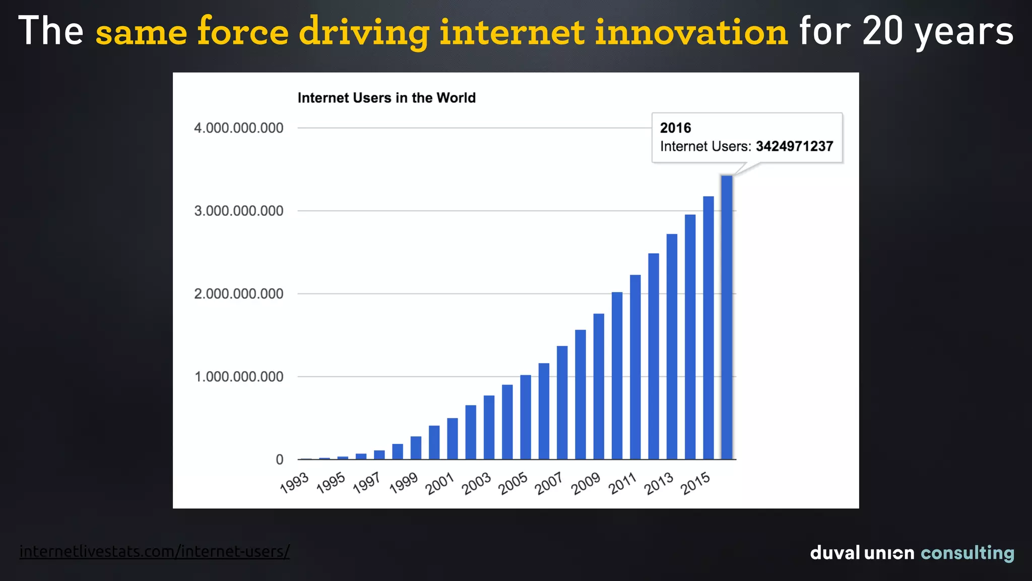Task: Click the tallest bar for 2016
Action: pos(726,318)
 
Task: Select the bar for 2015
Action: pos(708,328)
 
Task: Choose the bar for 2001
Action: pos(452,439)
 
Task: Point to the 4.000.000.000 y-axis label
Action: pos(238,128)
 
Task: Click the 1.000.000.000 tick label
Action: pos(238,377)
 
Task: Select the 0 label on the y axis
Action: pos(279,459)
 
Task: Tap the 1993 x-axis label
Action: pos(294,483)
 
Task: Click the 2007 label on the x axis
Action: pos(549,483)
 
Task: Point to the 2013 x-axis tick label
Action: pos(659,483)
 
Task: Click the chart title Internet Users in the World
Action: pos(386,98)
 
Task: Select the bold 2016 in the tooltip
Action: pos(675,128)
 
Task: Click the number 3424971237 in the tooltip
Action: pos(794,146)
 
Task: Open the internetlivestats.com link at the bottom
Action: pos(154,551)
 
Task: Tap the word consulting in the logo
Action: pos(967,553)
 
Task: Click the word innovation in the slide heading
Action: pos(691,31)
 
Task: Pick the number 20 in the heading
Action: pos(882,31)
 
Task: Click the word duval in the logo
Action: pos(835,553)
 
